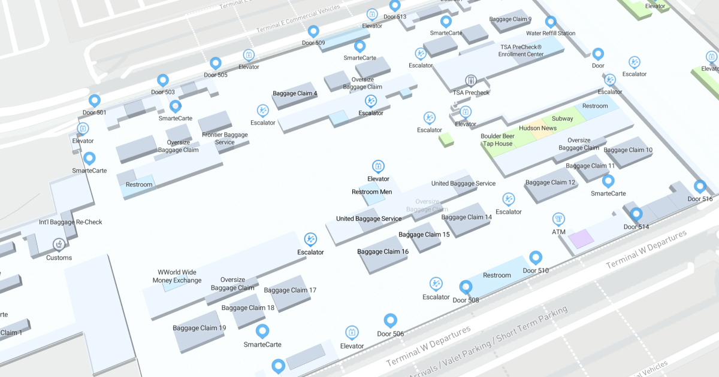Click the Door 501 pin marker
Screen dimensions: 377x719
pos(94,101)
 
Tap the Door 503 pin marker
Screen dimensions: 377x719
pos(162,80)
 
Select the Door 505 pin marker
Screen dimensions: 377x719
pos(216,63)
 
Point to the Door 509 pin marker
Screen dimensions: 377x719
pos(313,31)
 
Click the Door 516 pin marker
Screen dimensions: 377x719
pos(699,186)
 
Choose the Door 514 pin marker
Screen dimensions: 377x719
pos(636,214)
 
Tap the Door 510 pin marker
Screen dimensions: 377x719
pos(536,258)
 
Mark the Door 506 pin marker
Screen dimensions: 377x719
pos(391,321)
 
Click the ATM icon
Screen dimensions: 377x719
pos(558,219)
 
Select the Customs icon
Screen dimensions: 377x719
pos(59,244)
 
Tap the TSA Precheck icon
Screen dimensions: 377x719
pos(471,80)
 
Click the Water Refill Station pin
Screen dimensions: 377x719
pos(551,22)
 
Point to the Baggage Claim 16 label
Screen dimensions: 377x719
pos(383,252)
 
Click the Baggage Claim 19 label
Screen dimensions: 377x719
pos(200,328)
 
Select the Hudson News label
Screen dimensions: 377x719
pos(537,128)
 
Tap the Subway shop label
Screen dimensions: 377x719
pos(563,118)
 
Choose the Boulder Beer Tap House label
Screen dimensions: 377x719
pos(497,140)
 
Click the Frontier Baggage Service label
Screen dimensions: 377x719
pos(225,138)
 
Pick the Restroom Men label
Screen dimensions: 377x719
pos(372,191)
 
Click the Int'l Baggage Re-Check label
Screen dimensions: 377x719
pos(71,222)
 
